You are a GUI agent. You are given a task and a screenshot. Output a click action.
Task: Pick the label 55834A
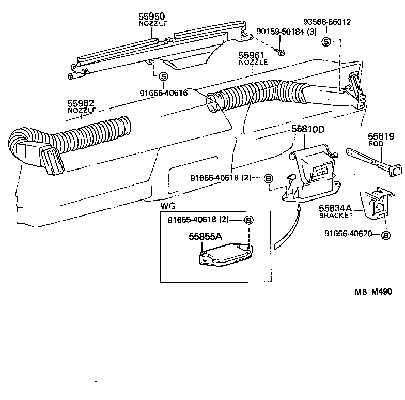pos(335,208)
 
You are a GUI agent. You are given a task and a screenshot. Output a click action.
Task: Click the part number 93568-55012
pos(326,22)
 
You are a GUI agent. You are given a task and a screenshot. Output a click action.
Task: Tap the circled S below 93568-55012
pos(326,41)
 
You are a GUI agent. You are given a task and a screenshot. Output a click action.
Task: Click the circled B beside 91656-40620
pos(385,235)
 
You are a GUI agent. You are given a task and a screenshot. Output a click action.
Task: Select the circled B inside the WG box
pos(249,220)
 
